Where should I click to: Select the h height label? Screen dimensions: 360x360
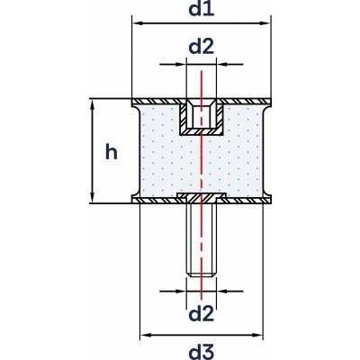[x=111, y=151]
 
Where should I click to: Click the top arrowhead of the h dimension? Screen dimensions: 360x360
[x=93, y=104]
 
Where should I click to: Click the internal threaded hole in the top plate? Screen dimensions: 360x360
[x=201, y=116]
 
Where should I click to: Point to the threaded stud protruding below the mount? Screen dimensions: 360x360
[x=201, y=238]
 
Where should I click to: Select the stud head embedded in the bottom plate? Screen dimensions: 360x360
[x=201, y=196]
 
